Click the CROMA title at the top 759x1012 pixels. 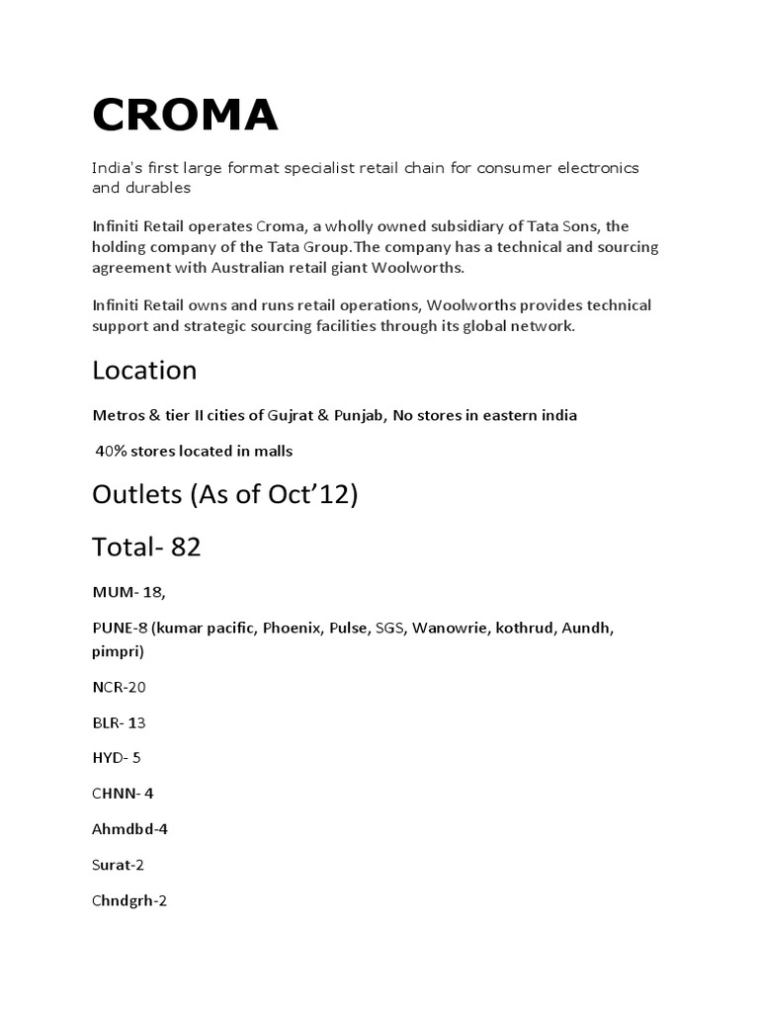coord(185,116)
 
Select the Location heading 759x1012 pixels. coord(144,371)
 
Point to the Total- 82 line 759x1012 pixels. coord(146,546)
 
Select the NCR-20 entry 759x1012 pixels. coord(119,686)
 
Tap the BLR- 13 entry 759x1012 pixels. coord(119,722)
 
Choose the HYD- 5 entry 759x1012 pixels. coord(117,758)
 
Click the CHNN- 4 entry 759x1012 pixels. coord(123,794)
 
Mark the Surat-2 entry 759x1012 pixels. coord(119,865)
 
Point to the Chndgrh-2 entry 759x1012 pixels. coord(129,900)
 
